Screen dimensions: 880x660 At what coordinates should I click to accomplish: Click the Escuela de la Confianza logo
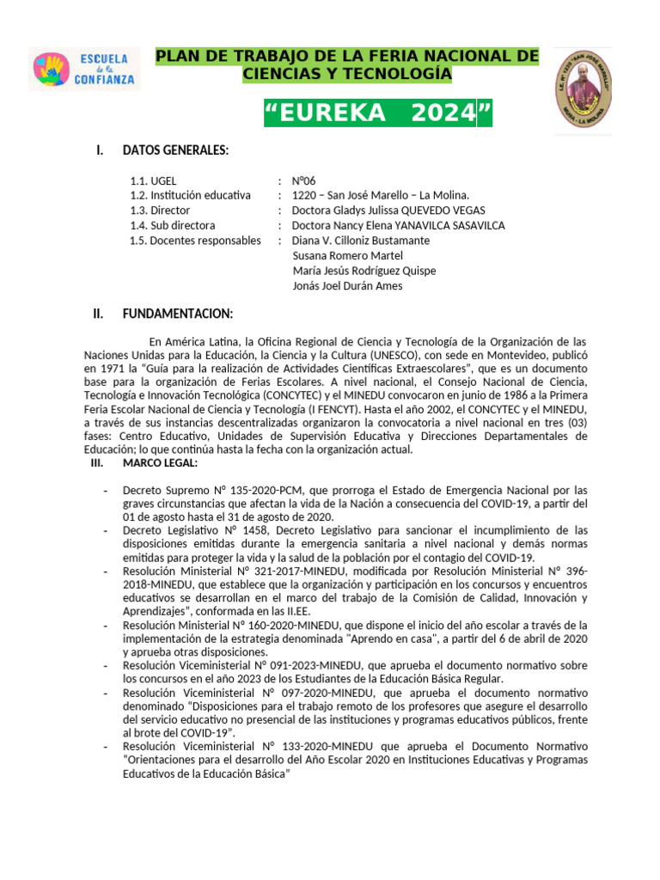tap(84, 70)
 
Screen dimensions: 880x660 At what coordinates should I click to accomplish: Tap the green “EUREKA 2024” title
tap(378, 113)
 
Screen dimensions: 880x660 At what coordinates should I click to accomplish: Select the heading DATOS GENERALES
tap(175, 151)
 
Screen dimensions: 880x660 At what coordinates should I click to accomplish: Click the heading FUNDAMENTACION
tap(177, 314)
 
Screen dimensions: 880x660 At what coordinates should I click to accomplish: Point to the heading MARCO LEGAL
tap(160, 463)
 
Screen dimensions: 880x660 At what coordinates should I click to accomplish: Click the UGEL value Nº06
tap(304, 181)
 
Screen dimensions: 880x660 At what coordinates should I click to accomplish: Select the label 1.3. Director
tap(160, 211)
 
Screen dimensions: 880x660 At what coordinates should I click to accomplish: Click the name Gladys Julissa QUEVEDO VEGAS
tap(388, 211)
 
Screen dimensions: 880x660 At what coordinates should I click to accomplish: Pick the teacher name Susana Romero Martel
tap(347, 255)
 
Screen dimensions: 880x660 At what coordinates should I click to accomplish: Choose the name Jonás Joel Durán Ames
tap(347, 286)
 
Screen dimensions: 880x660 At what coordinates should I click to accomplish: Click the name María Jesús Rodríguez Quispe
tap(364, 271)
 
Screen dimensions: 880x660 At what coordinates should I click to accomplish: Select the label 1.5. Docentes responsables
tap(195, 241)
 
